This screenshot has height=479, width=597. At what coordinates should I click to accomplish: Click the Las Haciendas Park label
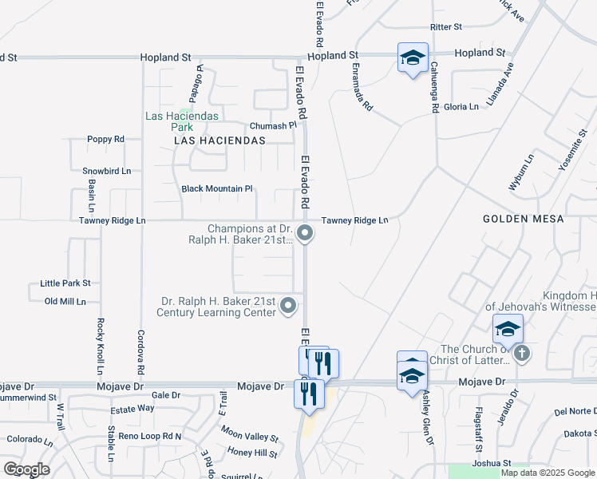point(169,121)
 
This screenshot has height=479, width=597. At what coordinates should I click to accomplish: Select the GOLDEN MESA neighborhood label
point(523,219)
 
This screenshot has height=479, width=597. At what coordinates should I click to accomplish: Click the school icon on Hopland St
point(413,57)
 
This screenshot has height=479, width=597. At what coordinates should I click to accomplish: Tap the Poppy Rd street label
point(106,139)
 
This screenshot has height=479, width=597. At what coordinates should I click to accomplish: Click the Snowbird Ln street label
point(106,171)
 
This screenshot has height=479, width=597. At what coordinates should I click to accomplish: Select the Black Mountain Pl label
point(217,189)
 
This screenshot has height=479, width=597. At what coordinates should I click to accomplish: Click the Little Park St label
point(65,283)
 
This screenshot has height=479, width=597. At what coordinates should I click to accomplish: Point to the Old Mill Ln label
point(65,301)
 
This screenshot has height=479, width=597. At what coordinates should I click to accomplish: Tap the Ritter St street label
point(446,27)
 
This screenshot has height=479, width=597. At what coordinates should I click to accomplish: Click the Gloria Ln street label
point(461,106)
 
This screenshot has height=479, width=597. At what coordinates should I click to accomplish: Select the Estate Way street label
point(132,408)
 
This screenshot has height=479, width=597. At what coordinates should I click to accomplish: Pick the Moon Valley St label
point(250,435)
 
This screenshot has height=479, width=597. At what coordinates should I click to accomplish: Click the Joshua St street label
point(491,463)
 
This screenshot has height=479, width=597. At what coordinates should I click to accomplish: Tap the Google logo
point(27,469)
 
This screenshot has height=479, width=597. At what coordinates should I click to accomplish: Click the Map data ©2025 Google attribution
point(547,473)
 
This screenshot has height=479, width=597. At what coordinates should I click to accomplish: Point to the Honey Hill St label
point(252,453)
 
